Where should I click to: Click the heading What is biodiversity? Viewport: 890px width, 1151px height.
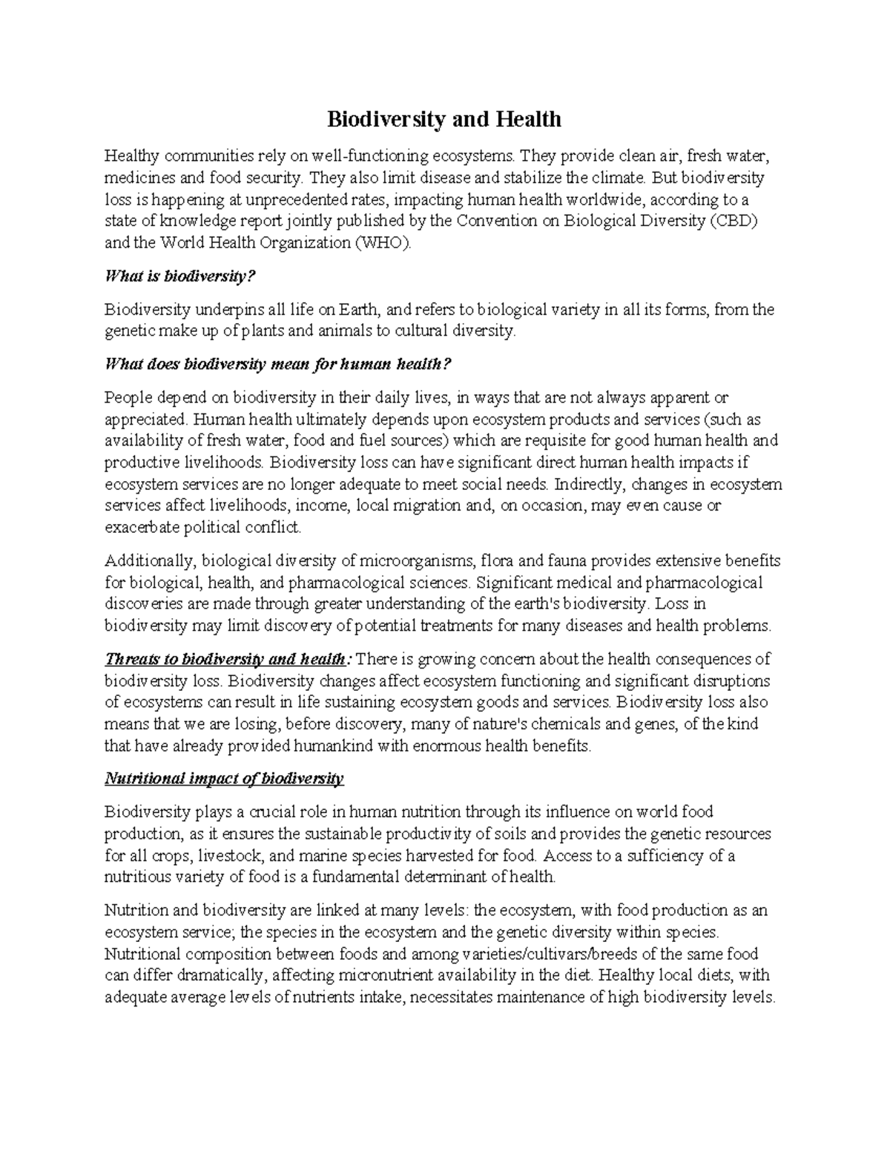pos(180,276)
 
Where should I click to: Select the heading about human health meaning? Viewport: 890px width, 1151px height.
pos(278,364)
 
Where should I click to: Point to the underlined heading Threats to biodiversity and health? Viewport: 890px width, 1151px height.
pos(225,659)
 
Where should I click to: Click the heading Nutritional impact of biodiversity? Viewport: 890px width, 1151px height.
pos(225,779)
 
